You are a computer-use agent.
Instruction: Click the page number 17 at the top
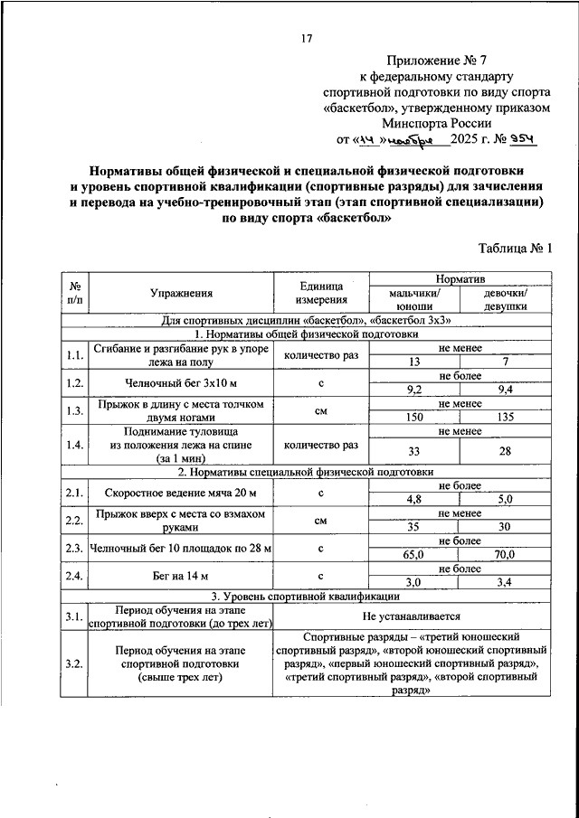tap(306, 38)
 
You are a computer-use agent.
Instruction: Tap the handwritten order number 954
tap(524, 140)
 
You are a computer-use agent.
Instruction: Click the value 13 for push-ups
tap(414, 362)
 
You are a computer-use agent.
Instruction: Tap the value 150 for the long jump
tap(414, 418)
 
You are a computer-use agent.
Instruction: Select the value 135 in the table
tap(505, 418)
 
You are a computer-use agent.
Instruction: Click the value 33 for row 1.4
tap(414, 451)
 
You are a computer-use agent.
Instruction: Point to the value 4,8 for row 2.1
tap(414, 499)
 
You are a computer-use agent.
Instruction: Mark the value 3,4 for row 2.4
tap(505, 582)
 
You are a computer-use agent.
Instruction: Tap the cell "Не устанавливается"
tap(413, 616)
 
